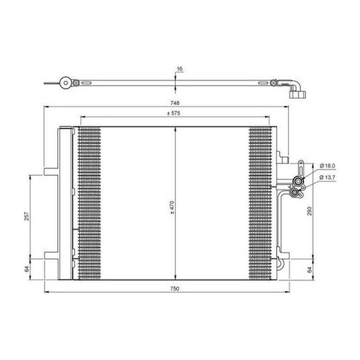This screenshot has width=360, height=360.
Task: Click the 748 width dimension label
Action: (176, 103)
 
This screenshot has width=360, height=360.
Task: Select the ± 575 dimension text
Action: (176, 113)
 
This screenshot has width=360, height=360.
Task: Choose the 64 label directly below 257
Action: (27, 268)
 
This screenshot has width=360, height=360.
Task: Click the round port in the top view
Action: (65, 84)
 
